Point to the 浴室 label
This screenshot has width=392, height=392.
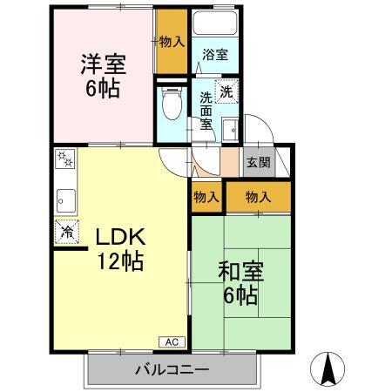[214, 54]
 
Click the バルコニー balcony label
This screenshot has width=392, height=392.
[172, 368]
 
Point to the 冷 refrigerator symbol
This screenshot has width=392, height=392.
[67, 232]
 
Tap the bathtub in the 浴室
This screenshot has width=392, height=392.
[214, 25]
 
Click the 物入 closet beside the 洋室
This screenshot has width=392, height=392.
[171, 42]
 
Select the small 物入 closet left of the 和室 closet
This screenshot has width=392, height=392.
[206, 196]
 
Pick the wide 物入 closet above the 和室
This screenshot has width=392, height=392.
[259, 196]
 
